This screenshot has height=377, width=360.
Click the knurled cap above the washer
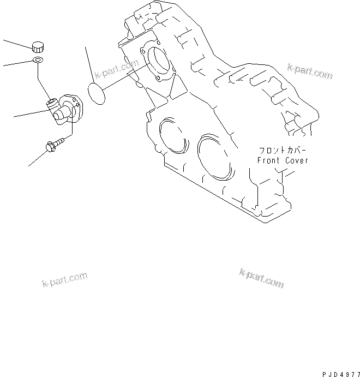(x=38, y=46)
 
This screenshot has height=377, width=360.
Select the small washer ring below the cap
(x=38, y=59)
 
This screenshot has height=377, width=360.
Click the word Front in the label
(x=269, y=160)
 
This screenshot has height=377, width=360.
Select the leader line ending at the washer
(x=17, y=63)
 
